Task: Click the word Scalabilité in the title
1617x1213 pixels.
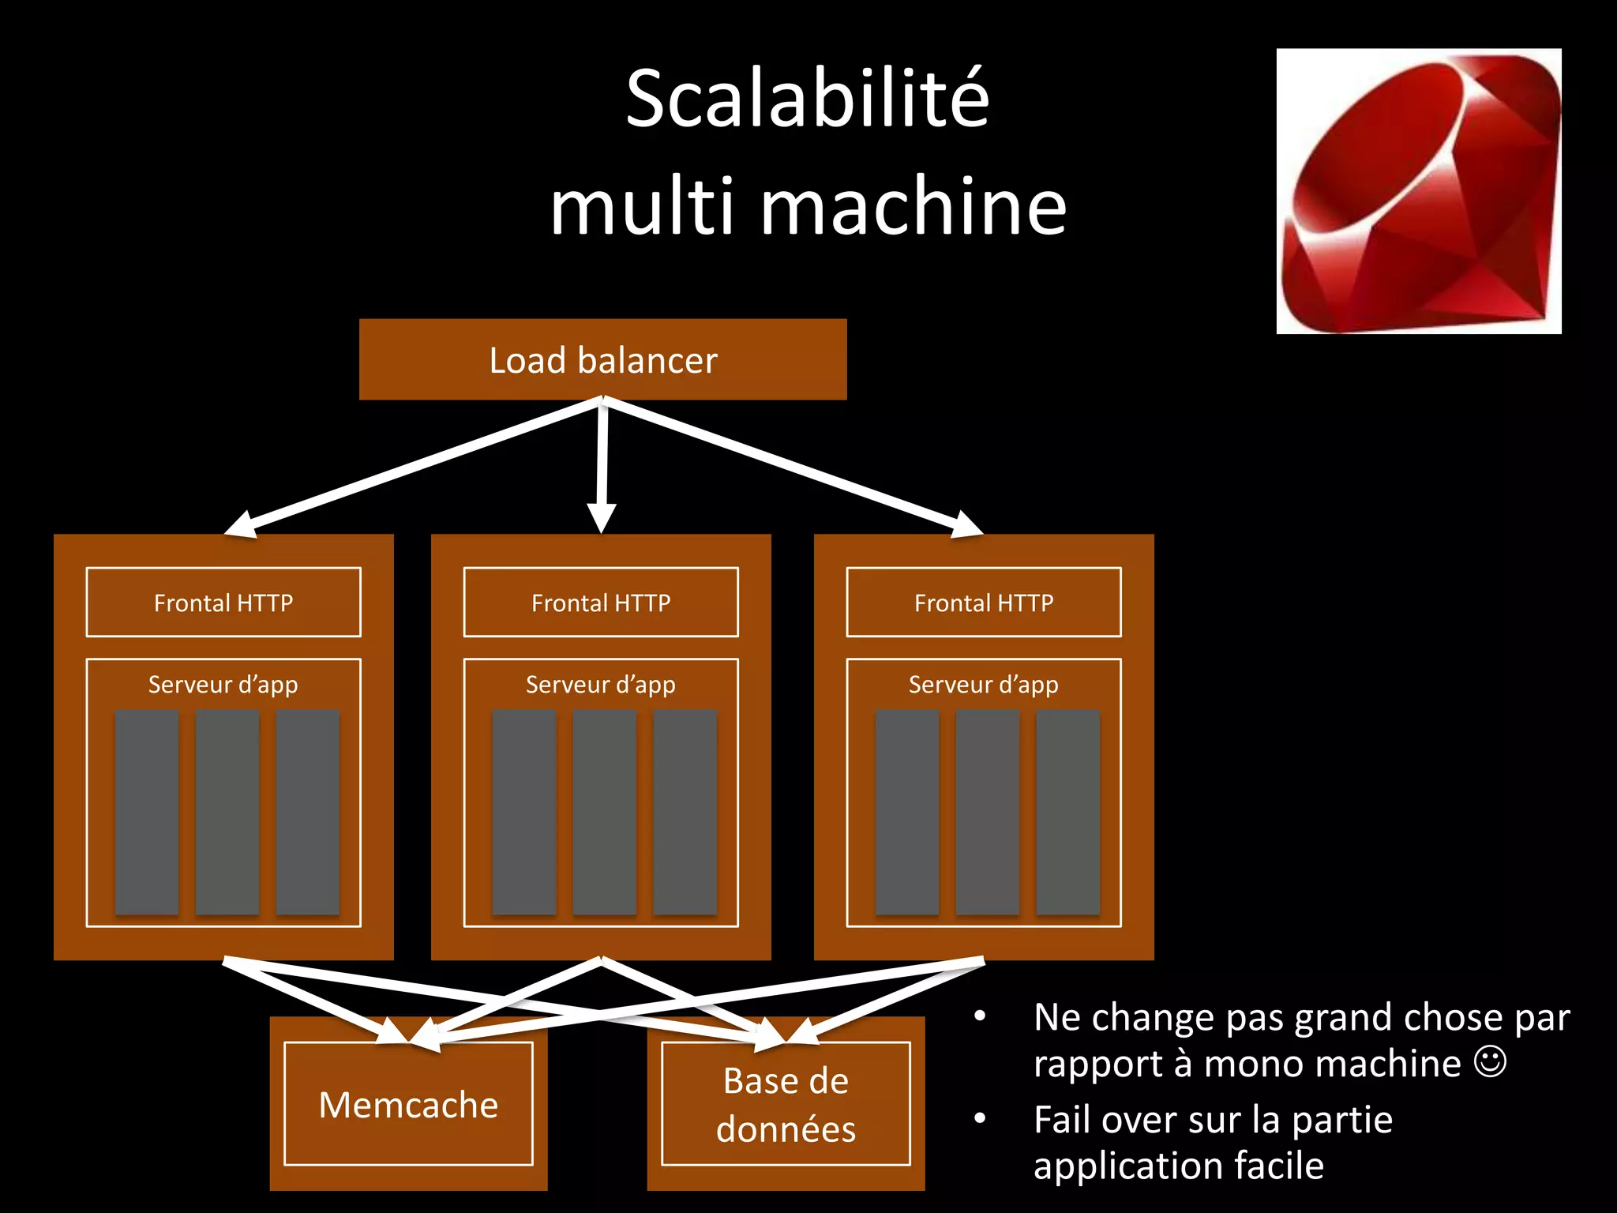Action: point(807,99)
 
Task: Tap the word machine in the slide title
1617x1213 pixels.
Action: point(914,207)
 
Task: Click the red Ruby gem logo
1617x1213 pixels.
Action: point(1419,191)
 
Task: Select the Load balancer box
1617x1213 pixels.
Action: point(602,360)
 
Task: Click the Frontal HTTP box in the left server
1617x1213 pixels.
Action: point(223,603)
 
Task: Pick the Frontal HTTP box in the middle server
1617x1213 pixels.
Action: point(601,603)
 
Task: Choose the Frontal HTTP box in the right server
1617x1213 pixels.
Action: point(984,603)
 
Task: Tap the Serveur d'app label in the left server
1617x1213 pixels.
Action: point(223,684)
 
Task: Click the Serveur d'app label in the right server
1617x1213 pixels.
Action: point(984,684)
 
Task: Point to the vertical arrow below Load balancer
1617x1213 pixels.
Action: point(602,466)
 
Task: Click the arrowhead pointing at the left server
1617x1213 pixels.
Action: point(241,525)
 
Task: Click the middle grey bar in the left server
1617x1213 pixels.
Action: point(227,812)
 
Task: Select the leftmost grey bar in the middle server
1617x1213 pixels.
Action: point(524,812)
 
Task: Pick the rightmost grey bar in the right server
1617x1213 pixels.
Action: point(1067,812)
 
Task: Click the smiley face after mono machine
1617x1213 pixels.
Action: point(1490,1062)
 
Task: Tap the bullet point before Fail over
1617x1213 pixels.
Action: point(980,1118)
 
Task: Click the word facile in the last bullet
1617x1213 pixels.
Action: point(1279,1166)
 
